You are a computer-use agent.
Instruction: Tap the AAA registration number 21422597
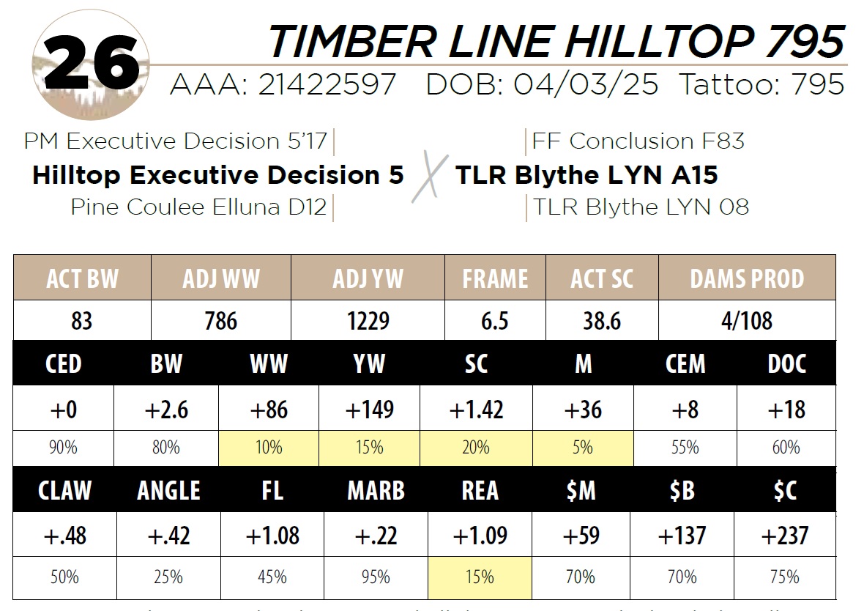(x=326, y=86)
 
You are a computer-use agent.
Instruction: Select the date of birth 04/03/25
(x=585, y=86)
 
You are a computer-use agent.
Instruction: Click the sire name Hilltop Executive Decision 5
(x=217, y=175)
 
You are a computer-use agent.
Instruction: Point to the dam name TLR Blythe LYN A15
(x=586, y=175)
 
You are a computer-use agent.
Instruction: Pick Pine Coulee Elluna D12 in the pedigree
(x=198, y=207)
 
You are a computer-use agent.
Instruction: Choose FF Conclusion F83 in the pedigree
(x=638, y=141)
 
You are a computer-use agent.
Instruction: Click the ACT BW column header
(x=82, y=278)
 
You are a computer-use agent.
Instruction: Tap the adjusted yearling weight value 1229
(x=368, y=321)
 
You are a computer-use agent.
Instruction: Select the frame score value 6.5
(x=494, y=321)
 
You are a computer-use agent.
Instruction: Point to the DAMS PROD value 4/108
(x=747, y=321)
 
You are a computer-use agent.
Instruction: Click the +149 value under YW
(x=369, y=410)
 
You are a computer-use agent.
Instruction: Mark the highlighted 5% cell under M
(x=583, y=448)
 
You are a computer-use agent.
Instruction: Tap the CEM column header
(x=685, y=363)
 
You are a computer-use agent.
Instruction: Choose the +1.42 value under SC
(x=476, y=410)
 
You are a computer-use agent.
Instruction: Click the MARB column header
(x=376, y=490)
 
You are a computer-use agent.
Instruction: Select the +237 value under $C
(x=785, y=536)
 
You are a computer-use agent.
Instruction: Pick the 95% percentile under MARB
(x=376, y=577)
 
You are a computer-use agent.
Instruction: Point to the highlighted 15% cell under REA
(x=480, y=577)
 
